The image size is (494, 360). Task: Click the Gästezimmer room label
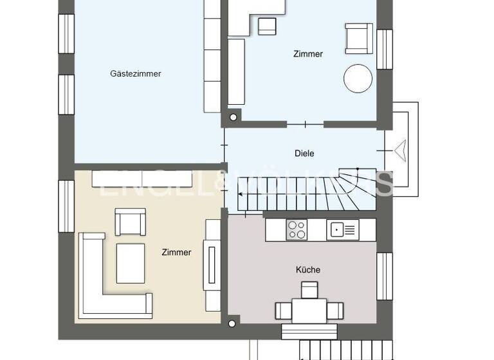point(135,74)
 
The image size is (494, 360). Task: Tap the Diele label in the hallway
point(304,154)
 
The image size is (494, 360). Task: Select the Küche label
point(307,270)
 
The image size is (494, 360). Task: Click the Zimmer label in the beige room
point(176,253)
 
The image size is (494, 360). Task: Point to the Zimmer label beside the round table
point(307,54)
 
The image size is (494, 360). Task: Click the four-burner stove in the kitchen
point(297,230)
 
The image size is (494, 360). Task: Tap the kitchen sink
point(342,230)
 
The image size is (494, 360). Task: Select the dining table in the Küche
point(309,310)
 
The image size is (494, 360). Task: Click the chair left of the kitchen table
point(284,311)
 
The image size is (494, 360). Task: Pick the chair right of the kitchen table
point(334,311)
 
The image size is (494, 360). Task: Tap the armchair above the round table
point(358,39)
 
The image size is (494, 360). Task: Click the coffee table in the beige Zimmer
point(131,262)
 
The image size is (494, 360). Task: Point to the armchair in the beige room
point(131,222)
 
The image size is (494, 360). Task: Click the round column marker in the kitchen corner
point(233,323)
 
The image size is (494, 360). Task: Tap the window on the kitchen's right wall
point(385,276)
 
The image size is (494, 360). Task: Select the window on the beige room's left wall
point(66,206)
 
